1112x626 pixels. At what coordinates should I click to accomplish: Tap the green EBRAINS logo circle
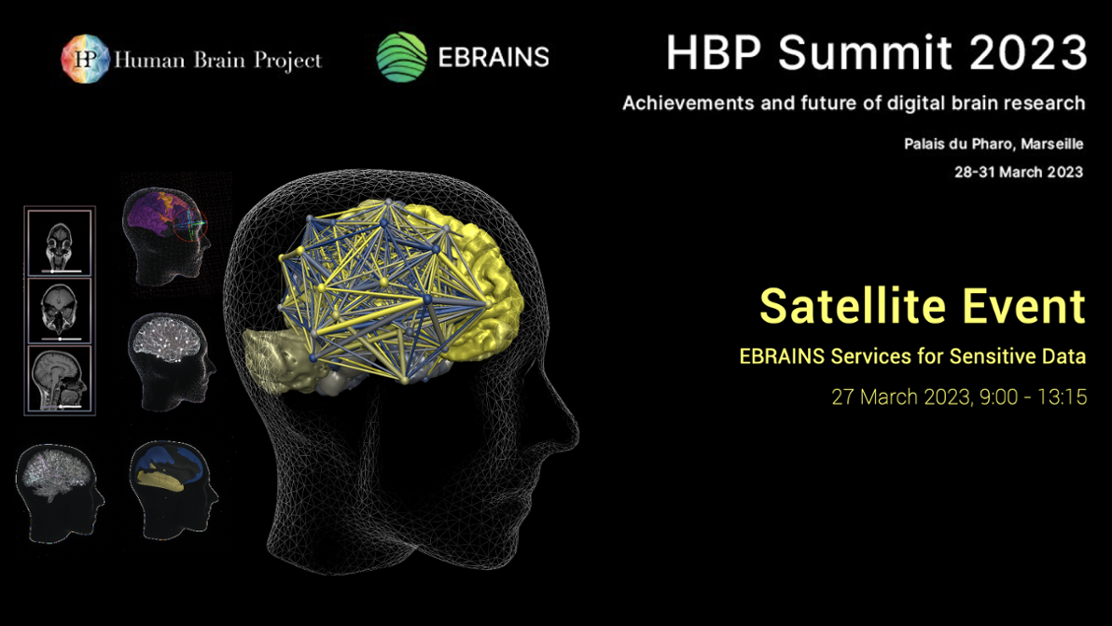click(401, 58)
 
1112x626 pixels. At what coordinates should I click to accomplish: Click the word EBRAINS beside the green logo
click(493, 58)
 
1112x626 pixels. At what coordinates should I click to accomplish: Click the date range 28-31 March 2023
click(1018, 172)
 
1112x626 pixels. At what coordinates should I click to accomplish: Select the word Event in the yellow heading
click(1025, 306)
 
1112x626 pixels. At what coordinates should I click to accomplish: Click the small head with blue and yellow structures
click(174, 475)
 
